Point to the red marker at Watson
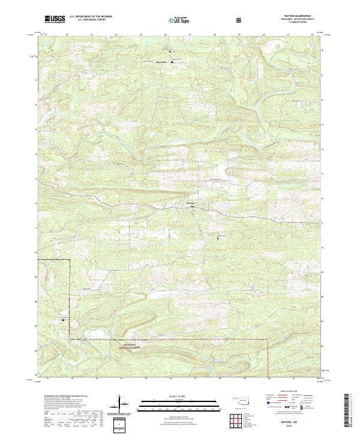(x=193, y=208)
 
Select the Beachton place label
(x=161, y=61)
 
